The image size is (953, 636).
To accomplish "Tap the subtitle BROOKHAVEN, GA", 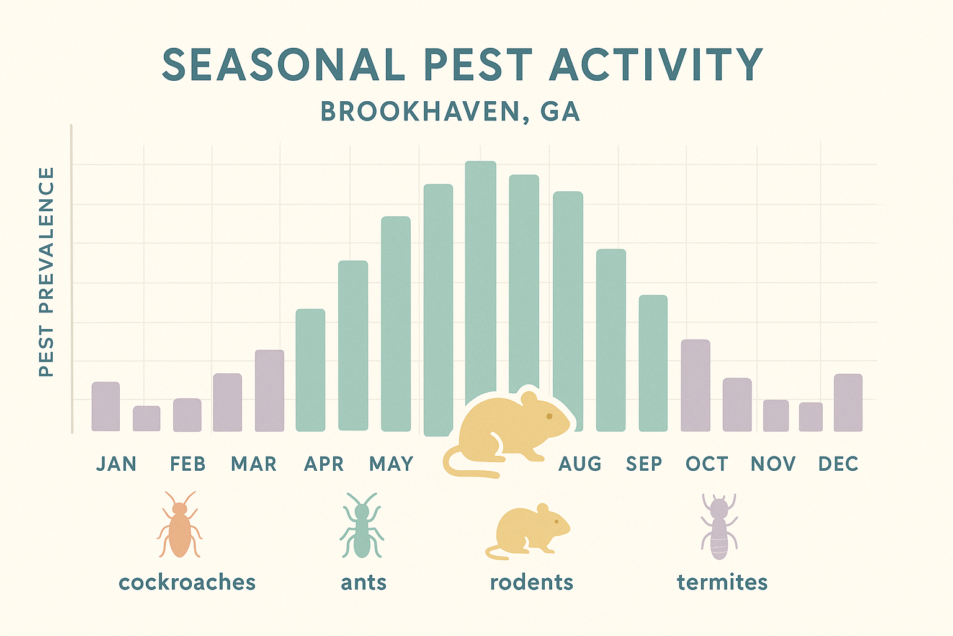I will pos(450,112).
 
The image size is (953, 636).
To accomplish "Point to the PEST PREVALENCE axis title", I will pos(47,271).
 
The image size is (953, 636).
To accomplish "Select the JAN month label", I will pos(116,464).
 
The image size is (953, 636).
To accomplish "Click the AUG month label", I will pos(580,464).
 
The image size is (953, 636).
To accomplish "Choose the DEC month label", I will pos(838,464).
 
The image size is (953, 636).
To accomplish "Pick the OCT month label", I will pos(707,464).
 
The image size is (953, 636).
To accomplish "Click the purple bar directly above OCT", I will pos(696,385).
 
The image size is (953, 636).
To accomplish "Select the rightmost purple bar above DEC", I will pos(848,402).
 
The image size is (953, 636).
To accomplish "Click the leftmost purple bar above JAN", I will pos(105,406).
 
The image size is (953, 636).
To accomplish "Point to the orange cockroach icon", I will pos(180,525).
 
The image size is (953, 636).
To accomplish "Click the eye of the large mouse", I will pos(549,416).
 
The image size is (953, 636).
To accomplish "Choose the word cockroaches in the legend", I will pos(187,583).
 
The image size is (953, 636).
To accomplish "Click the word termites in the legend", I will pos(722,583).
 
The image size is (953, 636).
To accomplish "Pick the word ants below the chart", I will pos(364,583).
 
